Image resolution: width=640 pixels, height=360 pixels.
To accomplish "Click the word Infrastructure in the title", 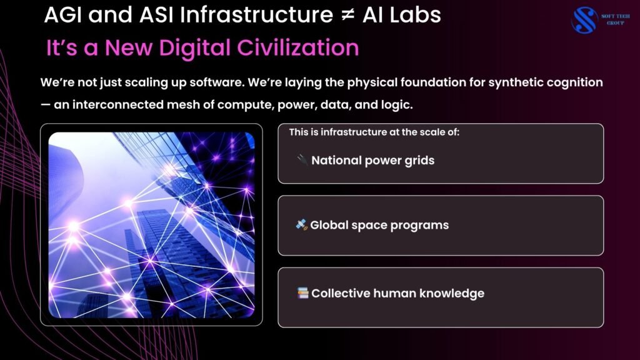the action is coord(256,15).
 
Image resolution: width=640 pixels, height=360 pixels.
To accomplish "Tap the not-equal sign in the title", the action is coord(347,16).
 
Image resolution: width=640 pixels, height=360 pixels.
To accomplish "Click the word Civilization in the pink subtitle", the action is coord(298,47).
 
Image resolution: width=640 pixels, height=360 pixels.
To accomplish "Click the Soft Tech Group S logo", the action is coord(584,20).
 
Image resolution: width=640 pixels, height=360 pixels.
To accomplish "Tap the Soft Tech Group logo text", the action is coord(615,19).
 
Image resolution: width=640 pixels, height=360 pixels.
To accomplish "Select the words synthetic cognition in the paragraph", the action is coord(545,83).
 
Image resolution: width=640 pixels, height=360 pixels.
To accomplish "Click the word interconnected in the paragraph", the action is coord(118,105).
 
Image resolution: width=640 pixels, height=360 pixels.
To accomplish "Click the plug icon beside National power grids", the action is coord(302,159).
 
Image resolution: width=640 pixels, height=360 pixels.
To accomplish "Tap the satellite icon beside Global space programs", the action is coord(302,224).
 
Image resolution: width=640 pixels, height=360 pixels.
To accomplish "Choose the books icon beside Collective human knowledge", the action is coord(303,292).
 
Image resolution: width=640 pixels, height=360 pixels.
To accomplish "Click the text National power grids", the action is coord(372,161).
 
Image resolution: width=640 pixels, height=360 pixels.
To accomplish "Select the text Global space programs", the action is coord(379,225).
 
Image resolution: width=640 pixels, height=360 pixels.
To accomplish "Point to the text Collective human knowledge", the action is coord(397,294).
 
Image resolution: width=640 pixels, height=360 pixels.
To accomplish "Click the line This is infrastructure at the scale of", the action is coord(374,132).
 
